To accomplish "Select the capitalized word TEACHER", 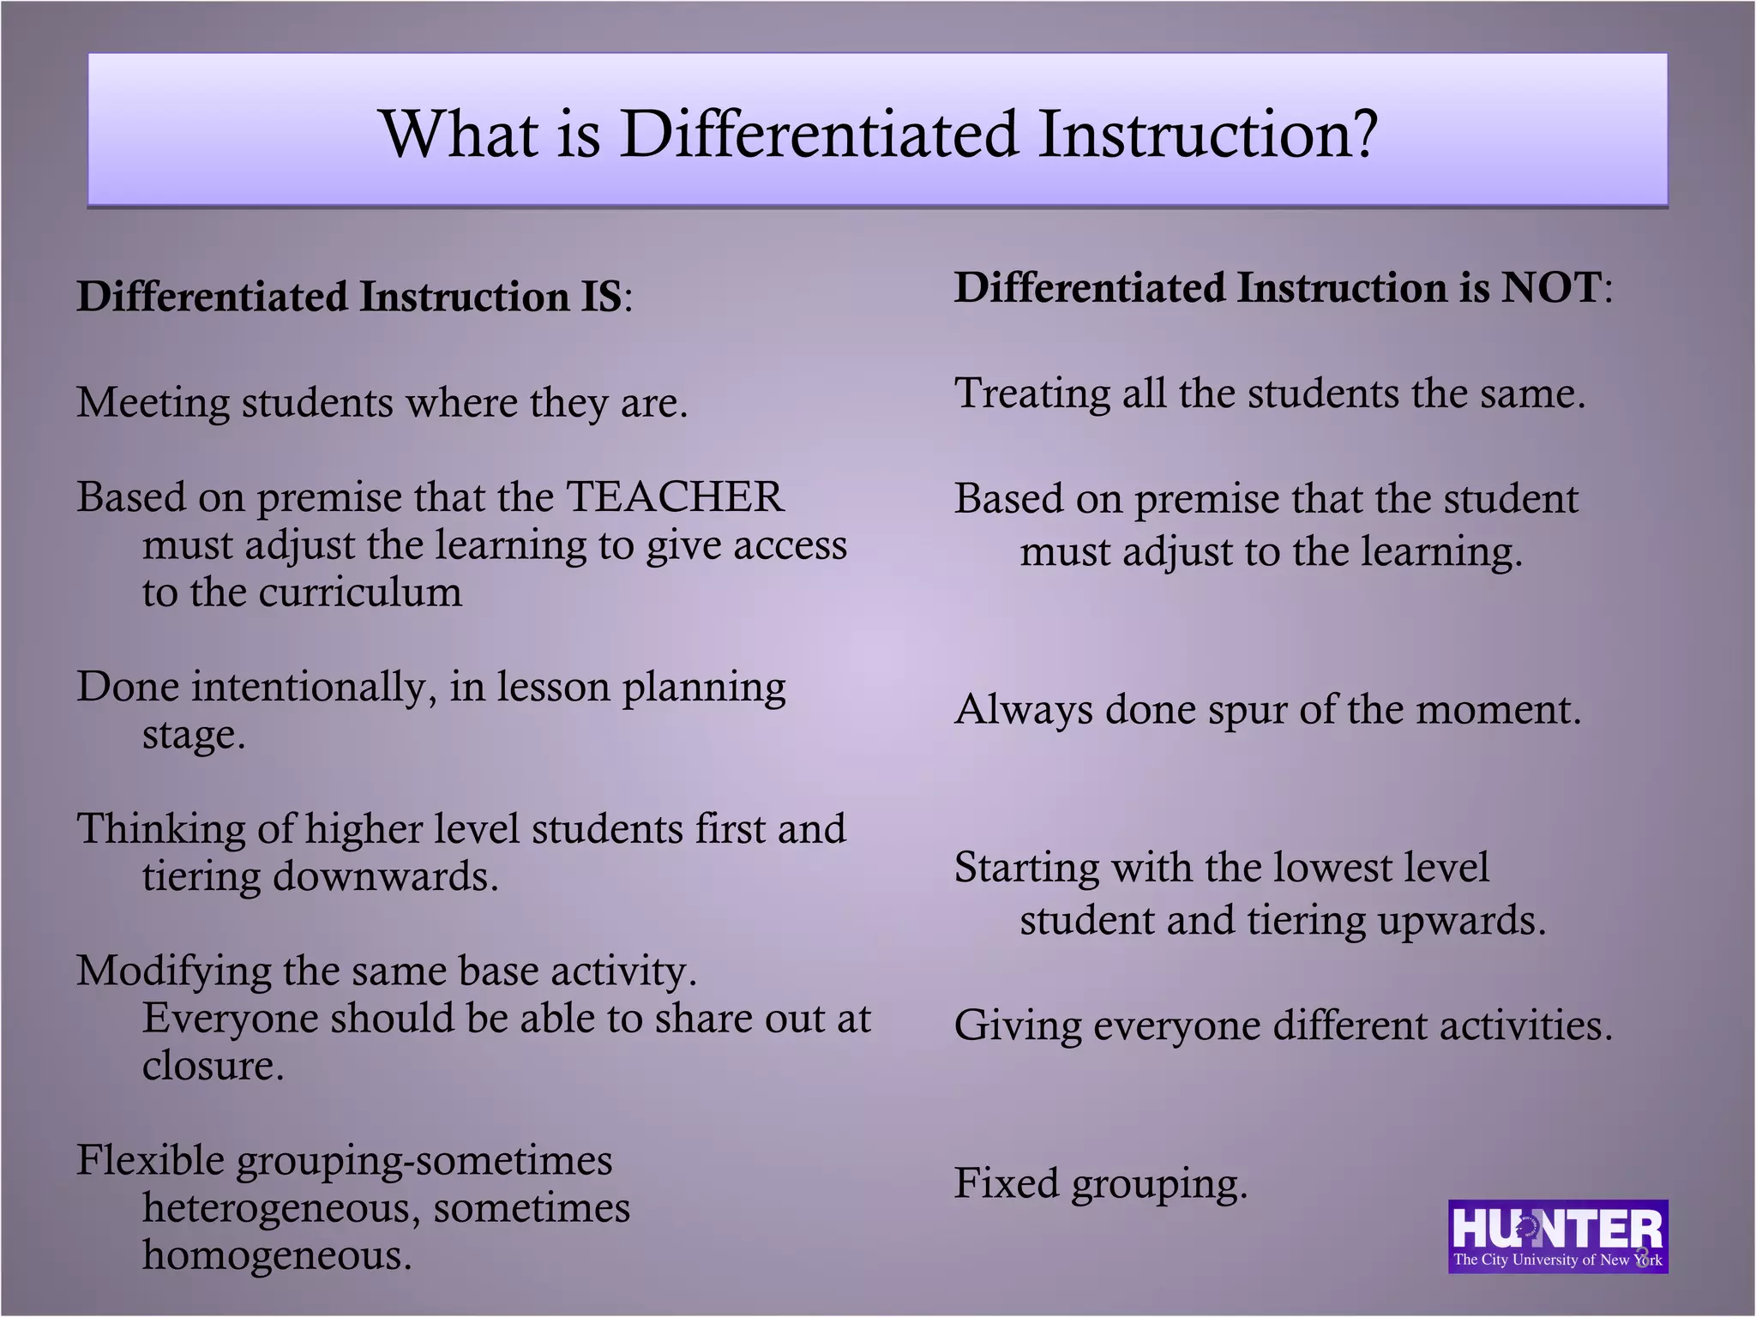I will pyautogui.click(x=675, y=497).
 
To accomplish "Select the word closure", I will pyautogui.click(x=212, y=1066).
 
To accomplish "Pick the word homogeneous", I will pyautogui.click(x=276, y=1255).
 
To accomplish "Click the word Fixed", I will pyautogui.click(x=1007, y=1183).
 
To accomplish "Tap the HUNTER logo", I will pyautogui.click(x=1557, y=1236).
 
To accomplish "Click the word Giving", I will pyautogui.click(x=1017, y=1026).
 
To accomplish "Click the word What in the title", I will pyautogui.click(x=460, y=135).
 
